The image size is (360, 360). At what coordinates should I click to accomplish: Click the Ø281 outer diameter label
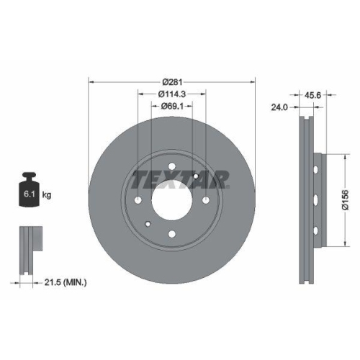[171, 81]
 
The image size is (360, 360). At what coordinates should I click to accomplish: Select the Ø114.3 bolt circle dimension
[171, 94]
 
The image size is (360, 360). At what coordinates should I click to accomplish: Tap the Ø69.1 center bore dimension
[171, 107]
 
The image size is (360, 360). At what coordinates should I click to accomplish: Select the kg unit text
[48, 194]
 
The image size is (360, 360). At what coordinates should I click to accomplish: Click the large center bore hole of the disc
[171, 195]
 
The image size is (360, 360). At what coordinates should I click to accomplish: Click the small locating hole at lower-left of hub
[148, 224]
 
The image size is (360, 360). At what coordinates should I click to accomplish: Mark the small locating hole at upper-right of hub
[195, 167]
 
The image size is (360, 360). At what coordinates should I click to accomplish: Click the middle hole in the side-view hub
[317, 199]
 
